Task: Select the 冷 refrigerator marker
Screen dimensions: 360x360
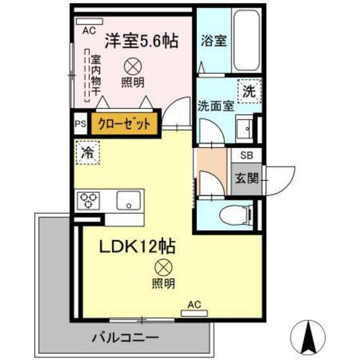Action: pyautogui.click(x=87, y=153)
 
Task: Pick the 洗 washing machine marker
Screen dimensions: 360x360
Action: pyautogui.click(x=248, y=91)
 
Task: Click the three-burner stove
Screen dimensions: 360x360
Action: pyautogui.click(x=89, y=201)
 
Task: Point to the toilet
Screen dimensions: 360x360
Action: pyautogui.click(x=232, y=214)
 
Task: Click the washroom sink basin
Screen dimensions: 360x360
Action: pyautogui.click(x=244, y=129)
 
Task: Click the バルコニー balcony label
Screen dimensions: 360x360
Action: pyautogui.click(x=125, y=336)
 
